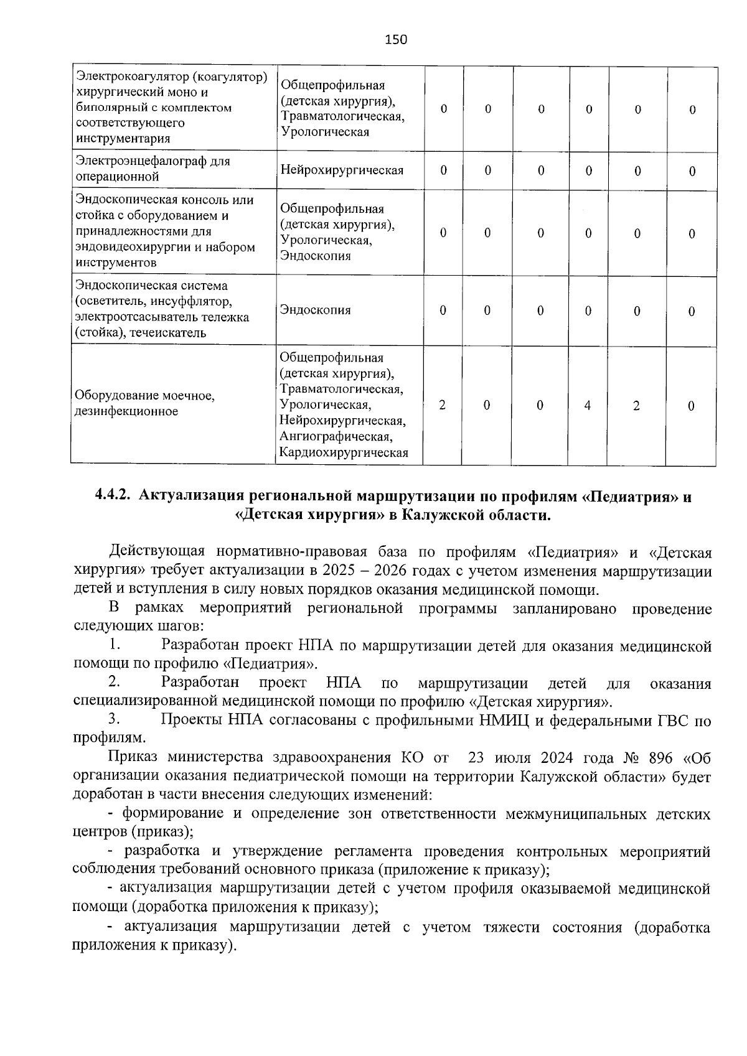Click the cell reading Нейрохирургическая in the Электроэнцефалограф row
coord(342,170)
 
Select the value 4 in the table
coord(587,406)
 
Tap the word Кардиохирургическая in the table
coord(344,452)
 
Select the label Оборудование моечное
coord(144,396)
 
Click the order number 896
coord(660,758)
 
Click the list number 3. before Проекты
coord(113,720)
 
